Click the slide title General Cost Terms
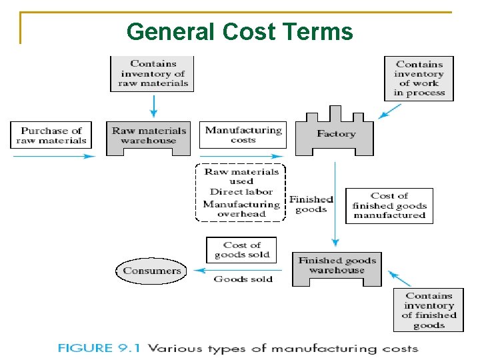pos(239,31)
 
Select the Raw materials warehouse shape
pos(149,137)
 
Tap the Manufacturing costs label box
pos(243,135)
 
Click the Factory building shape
pos(335,135)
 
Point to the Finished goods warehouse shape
pos(337,267)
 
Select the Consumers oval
pos(152,271)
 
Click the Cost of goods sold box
pos(241,250)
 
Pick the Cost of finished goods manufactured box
pos(389,205)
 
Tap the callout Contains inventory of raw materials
pos(153,73)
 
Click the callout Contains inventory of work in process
pos(419,79)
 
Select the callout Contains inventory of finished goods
pos(429,310)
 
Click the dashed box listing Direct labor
pos(241,193)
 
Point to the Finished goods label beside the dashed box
pos(311,204)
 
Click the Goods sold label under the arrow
pos(243,279)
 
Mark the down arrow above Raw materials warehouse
pos(153,105)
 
